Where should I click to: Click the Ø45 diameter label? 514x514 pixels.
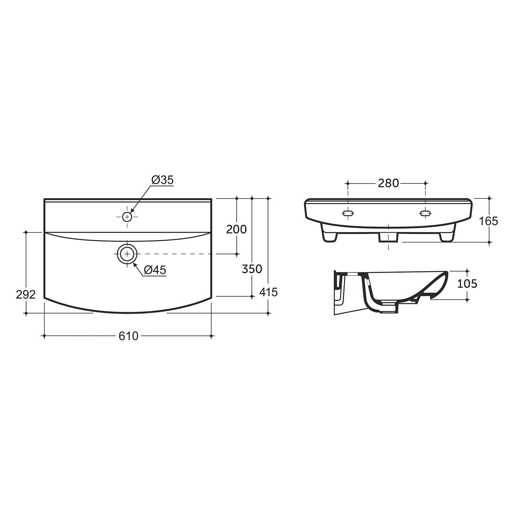[155, 270]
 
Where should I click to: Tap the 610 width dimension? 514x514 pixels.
[128, 336]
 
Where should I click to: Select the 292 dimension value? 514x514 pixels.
[26, 294]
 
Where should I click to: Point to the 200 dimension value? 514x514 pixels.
[236, 229]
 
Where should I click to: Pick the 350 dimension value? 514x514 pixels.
[252, 269]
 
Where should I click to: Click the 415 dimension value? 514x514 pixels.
[268, 292]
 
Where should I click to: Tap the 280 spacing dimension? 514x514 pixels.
[388, 183]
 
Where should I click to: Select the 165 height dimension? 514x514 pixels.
[488, 221]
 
